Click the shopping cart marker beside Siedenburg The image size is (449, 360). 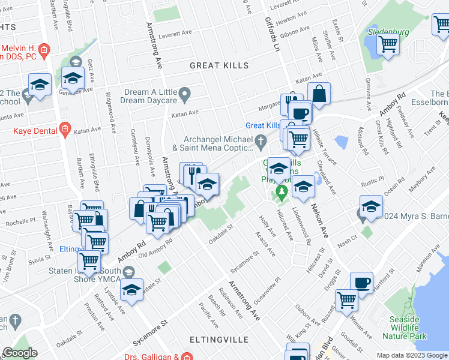click(x=388, y=44)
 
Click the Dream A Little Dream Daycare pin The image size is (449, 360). click(x=185, y=93)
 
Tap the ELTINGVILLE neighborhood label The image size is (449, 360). click(x=218, y=340)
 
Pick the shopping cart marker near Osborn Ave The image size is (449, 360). click(x=347, y=299)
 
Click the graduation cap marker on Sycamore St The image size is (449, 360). click(x=131, y=290)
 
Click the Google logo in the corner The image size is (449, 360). click(x=20, y=353)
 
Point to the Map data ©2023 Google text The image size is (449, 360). click(x=411, y=355)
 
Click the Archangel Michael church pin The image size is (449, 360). click(x=260, y=142)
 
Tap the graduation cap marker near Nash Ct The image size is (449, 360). click(x=371, y=207)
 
